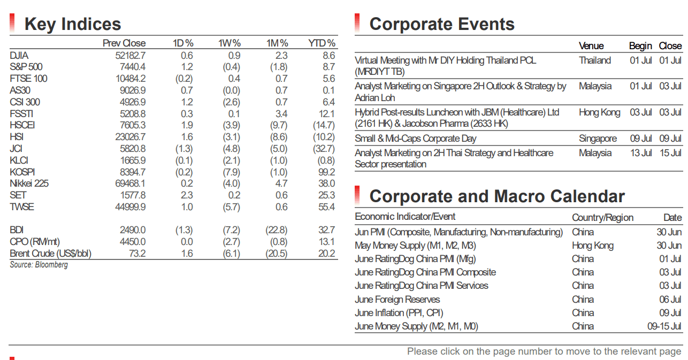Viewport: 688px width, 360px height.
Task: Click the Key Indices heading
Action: click(73, 24)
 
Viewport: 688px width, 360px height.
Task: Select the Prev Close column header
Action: click(124, 43)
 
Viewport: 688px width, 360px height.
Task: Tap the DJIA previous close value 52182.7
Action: click(130, 56)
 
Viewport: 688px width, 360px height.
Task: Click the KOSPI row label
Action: click(22, 172)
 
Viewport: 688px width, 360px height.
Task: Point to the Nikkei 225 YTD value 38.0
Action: click(326, 183)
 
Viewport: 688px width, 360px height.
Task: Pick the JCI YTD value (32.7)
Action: click(324, 149)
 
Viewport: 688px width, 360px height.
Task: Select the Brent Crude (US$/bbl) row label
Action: click(51, 254)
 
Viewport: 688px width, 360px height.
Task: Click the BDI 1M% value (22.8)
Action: click(277, 230)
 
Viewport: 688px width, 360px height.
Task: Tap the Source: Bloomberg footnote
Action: click(39, 265)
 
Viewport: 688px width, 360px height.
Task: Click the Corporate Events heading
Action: click(442, 24)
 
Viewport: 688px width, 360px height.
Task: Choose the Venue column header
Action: click(591, 46)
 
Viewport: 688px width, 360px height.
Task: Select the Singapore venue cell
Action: click(598, 139)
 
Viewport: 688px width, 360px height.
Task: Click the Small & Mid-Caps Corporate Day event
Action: click(415, 139)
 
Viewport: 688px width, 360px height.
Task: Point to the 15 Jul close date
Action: click(670, 153)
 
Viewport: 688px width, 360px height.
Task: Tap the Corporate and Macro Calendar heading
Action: click(497, 196)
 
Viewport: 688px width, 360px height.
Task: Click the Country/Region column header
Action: click(602, 218)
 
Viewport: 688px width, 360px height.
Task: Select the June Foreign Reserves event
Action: click(397, 300)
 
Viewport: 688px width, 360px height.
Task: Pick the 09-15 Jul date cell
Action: click(664, 326)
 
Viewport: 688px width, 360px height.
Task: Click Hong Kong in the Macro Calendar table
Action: click(593, 246)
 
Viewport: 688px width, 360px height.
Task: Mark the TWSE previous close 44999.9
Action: click(130, 207)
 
